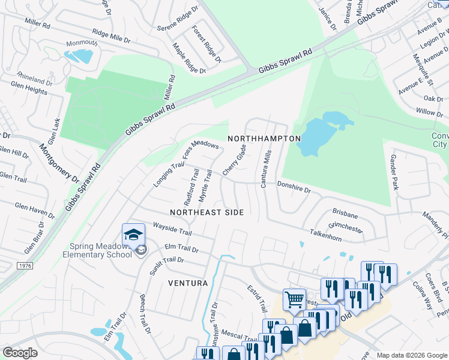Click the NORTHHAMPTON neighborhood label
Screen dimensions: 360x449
coord(264,139)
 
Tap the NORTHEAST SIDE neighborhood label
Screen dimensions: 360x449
coord(206,212)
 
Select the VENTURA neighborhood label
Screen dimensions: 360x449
coord(188,283)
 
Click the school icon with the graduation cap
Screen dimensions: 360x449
coord(134,234)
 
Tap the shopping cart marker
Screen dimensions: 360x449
coord(294,298)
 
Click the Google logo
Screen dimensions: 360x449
coord(20,353)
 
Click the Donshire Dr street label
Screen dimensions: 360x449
coord(294,190)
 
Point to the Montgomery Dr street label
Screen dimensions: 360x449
coord(59,163)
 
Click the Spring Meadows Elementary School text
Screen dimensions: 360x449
coord(100,250)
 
